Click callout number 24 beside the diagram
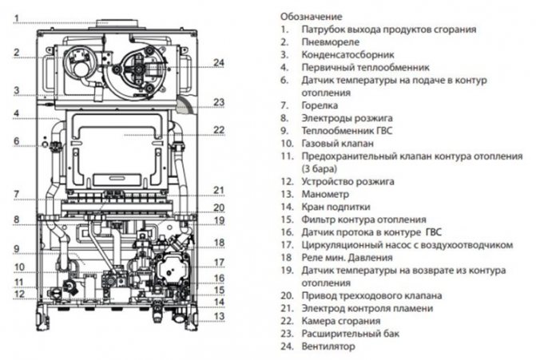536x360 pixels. (219, 62)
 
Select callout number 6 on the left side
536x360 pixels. (14, 142)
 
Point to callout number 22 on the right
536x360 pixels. (219, 129)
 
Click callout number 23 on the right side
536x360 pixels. (219, 102)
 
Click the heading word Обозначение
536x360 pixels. (311, 16)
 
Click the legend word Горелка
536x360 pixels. (320, 105)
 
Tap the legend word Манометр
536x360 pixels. (326, 194)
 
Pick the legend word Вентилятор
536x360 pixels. (328, 346)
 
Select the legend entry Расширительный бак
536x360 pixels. (349, 334)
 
